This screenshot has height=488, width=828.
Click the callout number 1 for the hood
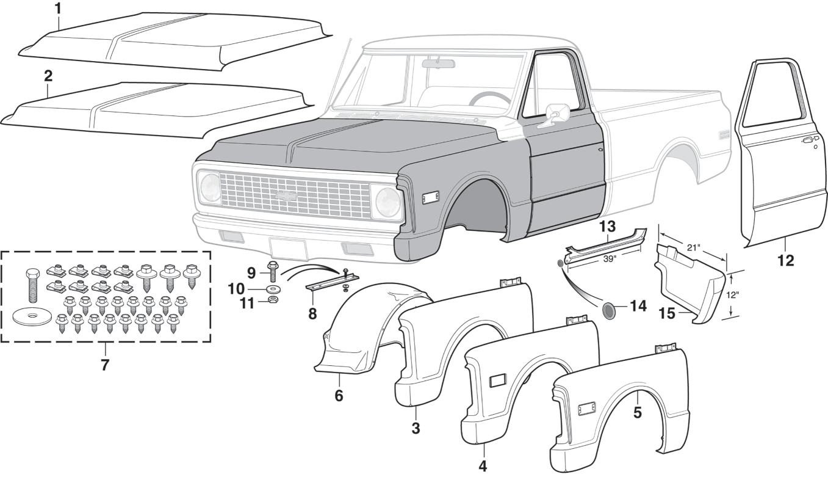[x=57, y=9]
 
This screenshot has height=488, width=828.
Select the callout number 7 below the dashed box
[x=105, y=365]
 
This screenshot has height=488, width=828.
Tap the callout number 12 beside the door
[x=785, y=260]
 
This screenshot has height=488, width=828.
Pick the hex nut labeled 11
[x=273, y=301]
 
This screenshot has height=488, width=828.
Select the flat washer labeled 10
[x=273, y=288]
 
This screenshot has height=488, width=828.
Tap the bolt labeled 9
[x=273, y=272]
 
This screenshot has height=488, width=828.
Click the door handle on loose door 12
[x=807, y=140]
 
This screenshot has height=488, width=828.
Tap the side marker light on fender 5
[x=587, y=409]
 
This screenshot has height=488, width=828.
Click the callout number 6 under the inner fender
[x=339, y=395]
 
